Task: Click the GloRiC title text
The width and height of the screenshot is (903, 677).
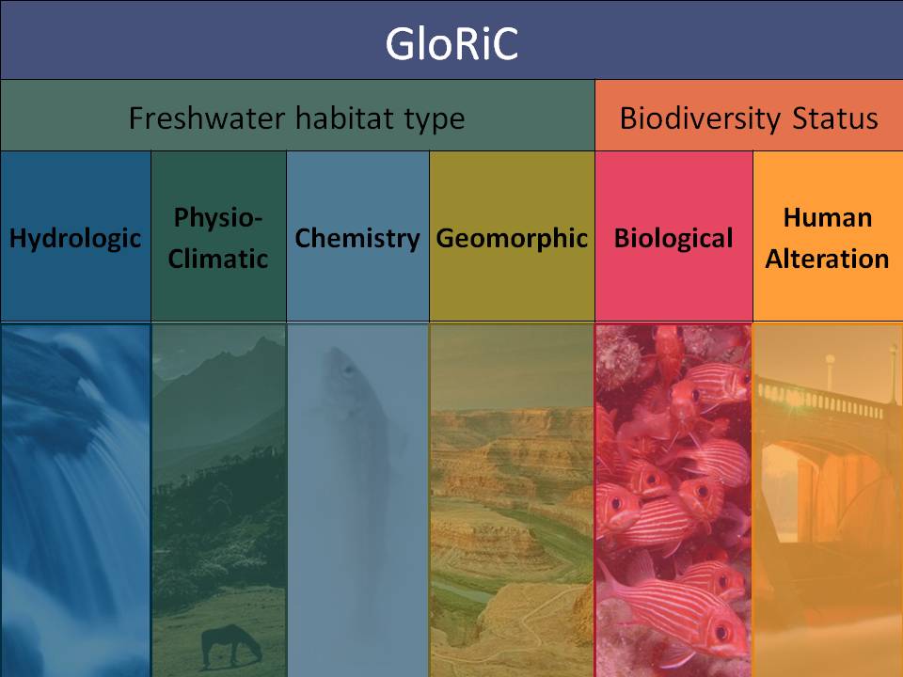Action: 451,44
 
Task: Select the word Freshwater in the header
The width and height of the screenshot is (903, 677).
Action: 207,118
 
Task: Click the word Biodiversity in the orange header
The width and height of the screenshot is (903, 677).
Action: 700,119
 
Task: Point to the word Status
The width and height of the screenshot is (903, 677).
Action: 835,118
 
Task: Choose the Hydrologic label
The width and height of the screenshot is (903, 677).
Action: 75,239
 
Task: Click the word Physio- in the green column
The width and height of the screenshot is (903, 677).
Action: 217,218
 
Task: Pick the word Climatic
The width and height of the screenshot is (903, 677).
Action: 217,259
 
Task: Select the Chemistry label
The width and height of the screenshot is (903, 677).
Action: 357,239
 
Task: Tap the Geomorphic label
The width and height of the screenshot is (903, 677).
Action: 512,239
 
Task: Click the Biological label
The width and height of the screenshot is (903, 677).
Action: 673,238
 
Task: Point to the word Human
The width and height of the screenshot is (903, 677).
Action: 828,217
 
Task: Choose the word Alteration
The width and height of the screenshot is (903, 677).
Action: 827,259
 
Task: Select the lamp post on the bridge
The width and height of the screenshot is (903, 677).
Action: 830,372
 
